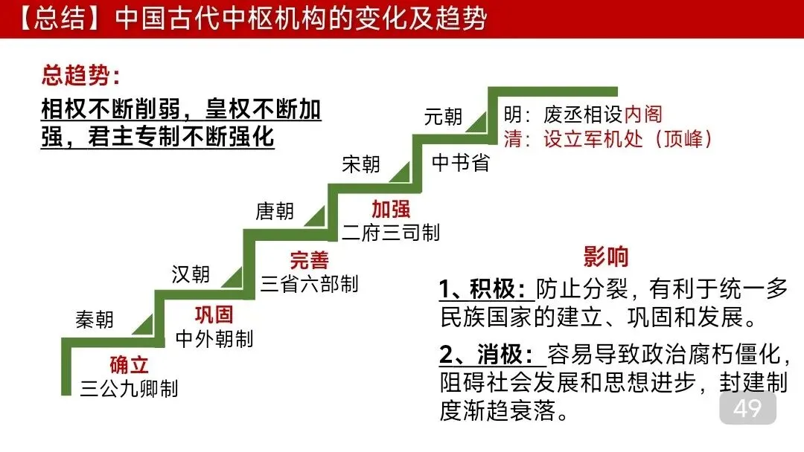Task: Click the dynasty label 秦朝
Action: [95, 320]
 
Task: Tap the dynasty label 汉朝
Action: [191, 274]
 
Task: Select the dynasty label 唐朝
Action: [275, 212]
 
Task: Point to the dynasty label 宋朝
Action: [361, 164]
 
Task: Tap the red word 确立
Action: [130, 365]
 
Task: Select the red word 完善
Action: [309, 260]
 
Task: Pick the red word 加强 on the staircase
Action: [391, 209]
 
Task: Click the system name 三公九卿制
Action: [130, 388]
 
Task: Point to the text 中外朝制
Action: [214, 339]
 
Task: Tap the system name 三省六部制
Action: [309, 284]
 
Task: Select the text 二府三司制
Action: [391, 233]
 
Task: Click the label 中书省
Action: [461, 164]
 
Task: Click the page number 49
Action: [747, 409]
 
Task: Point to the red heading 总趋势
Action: [80, 76]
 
